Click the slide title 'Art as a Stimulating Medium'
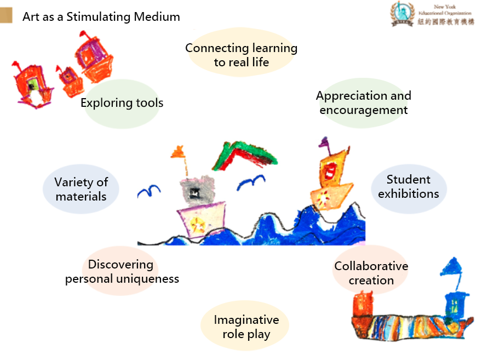click(x=101, y=16)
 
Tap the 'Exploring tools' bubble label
click(x=122, y=103)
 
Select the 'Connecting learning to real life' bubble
click(x=241, y=55)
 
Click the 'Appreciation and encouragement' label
click(x=363, y=102)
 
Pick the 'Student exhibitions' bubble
click(x=409, y=186)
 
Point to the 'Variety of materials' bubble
click(x=81, y=189)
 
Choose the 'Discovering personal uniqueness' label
click(x=122, y=272)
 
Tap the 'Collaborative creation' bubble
click(x=371, y=273)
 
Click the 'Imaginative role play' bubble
click(x=246, y=327)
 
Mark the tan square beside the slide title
click(x=7, y=16)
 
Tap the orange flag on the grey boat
click(x=177, y=152)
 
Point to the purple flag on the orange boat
click(x=324, y=144)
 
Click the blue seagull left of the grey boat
click(x=148, y=191)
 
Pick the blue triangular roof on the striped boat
click(x=450, y=267)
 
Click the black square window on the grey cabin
click(x=194, y=192)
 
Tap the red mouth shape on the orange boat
click(x=330, y=172)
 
